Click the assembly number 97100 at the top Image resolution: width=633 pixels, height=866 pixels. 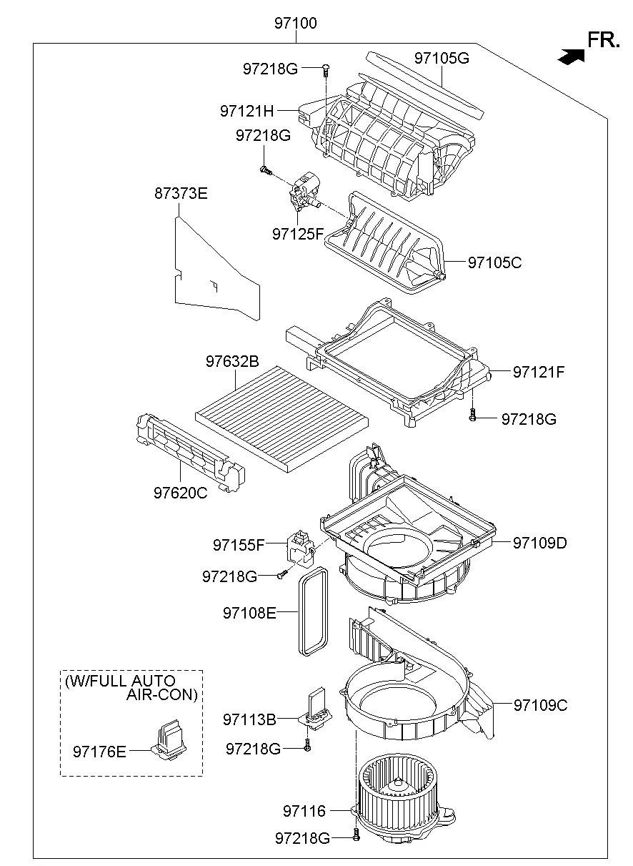pos(295,24)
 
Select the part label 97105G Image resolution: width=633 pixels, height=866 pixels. pos(442,59)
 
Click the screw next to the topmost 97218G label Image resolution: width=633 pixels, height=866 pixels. pos(326,69)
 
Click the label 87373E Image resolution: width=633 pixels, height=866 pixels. pos(181,193)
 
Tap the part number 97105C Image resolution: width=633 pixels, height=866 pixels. pos(494,262)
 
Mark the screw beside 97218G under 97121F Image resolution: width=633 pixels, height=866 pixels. pos(472,414)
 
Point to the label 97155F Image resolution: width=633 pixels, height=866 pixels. pos(239,545)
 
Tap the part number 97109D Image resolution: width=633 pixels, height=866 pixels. pos(539,543)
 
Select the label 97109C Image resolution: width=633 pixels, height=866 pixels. pos(540,705)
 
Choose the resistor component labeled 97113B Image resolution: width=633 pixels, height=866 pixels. pos(314,710)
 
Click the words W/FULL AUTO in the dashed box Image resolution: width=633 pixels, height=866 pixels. pos(120,681)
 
